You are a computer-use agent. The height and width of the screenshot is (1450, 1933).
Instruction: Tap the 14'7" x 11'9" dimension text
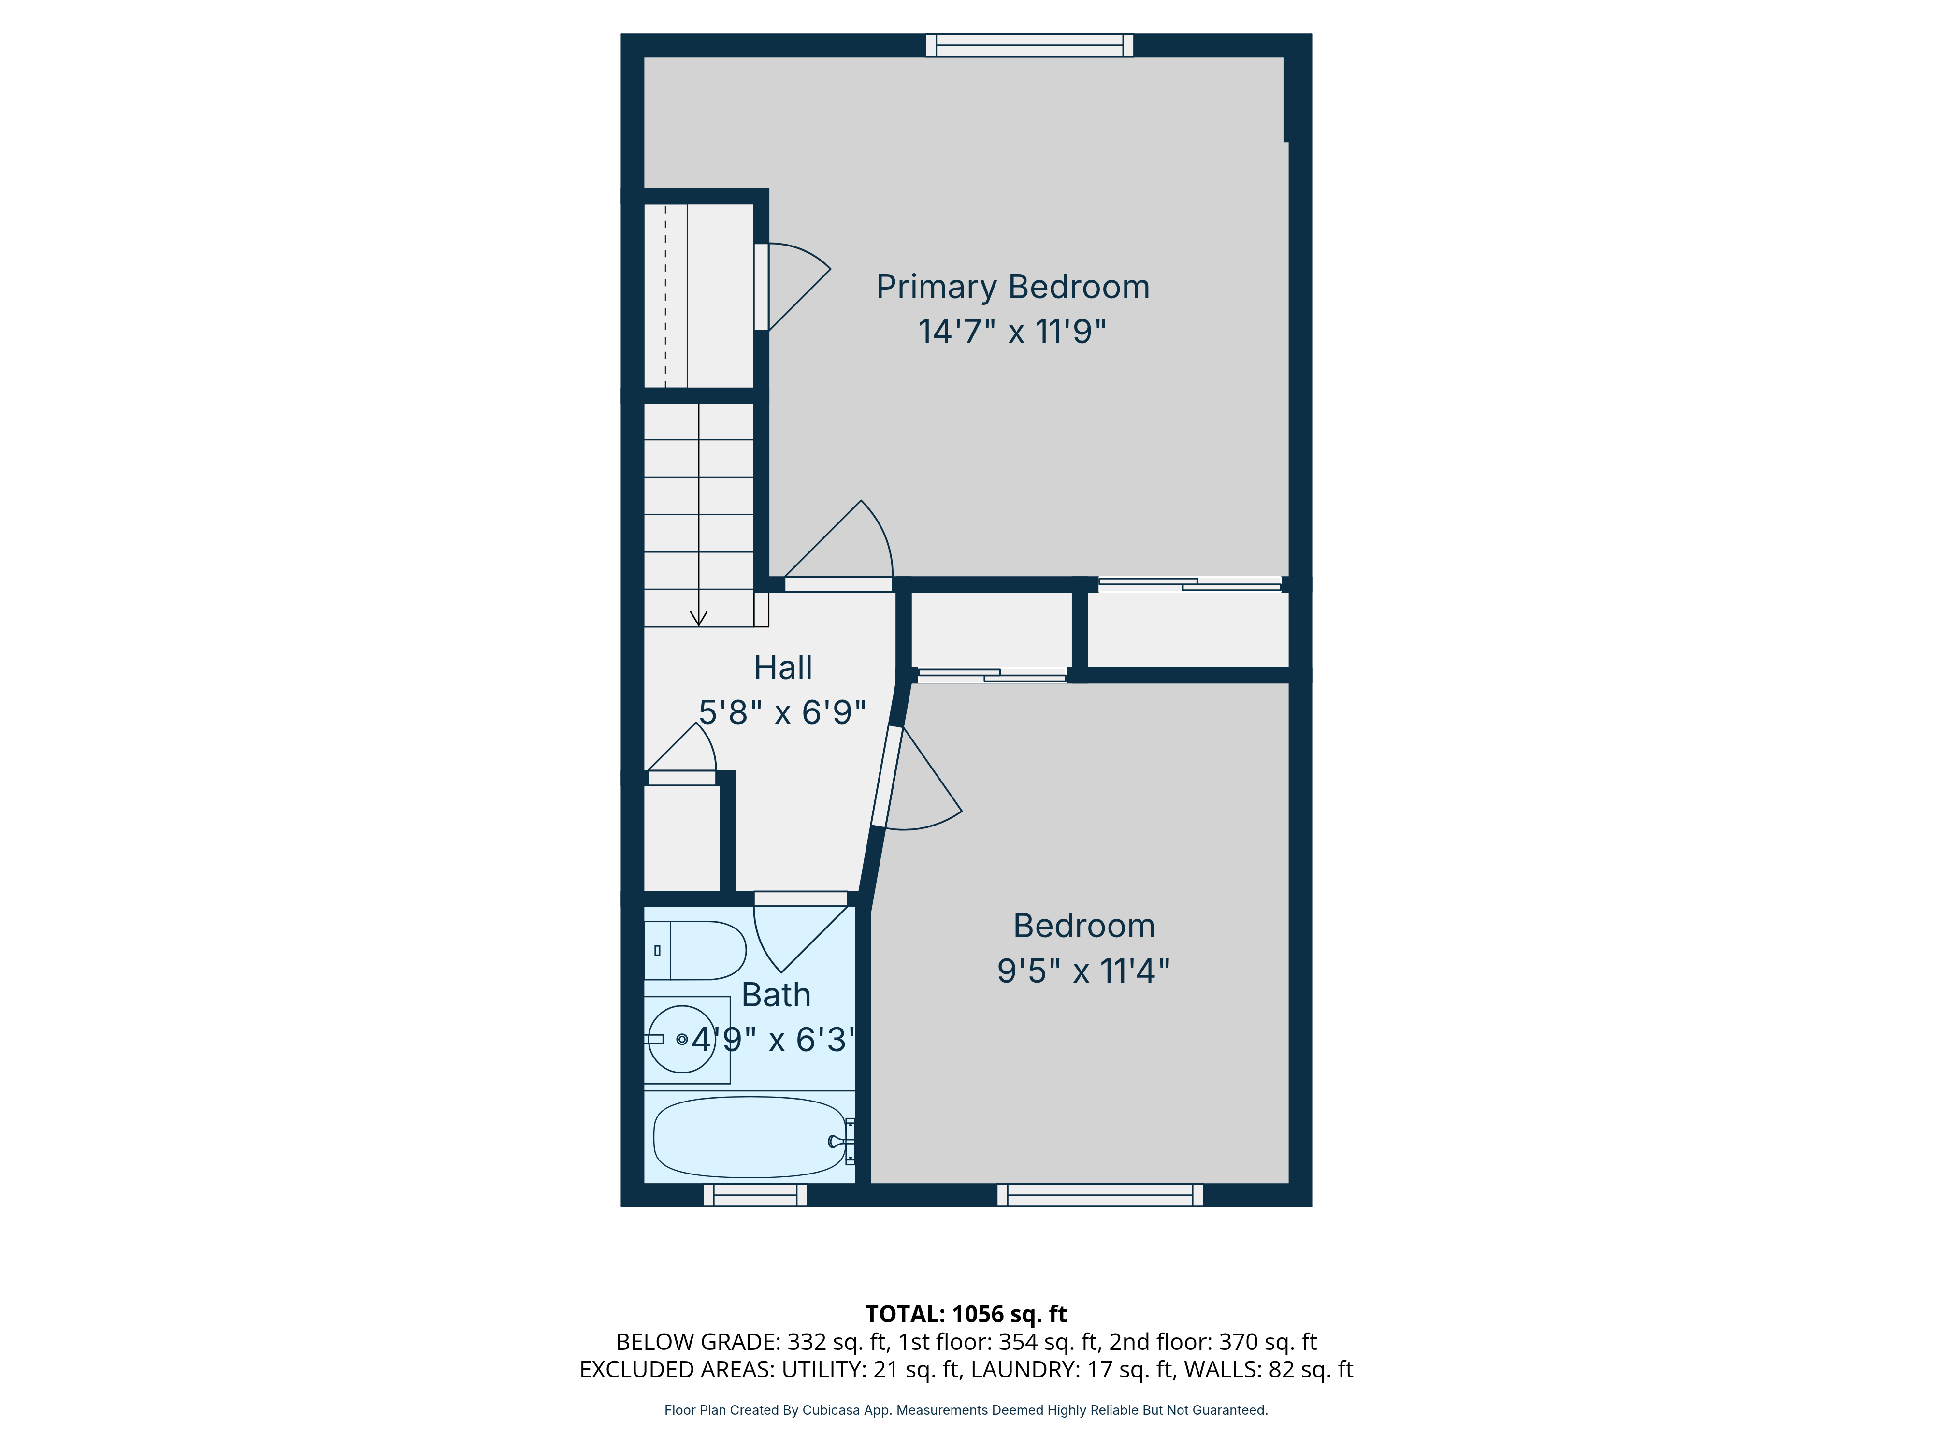pyautogui.click(x=1012, y=332)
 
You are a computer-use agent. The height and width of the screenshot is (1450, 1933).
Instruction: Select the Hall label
pyautogui.click(x=783, y=668)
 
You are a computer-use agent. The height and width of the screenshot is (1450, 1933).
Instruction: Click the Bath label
pyautogui.click(x=776, y=995)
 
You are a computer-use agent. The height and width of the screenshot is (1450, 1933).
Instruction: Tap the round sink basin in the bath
pyautogui.click(x=681, y=1039)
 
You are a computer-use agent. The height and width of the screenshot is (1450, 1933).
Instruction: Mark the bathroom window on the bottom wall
pyautogui.click(x=755, y=1195)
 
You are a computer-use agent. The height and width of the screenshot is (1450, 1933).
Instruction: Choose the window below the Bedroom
pyautogui.click(x=1099, y=1195)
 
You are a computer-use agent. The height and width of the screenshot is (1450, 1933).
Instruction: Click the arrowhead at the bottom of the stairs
pyautogui.click(x=698, y=618)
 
